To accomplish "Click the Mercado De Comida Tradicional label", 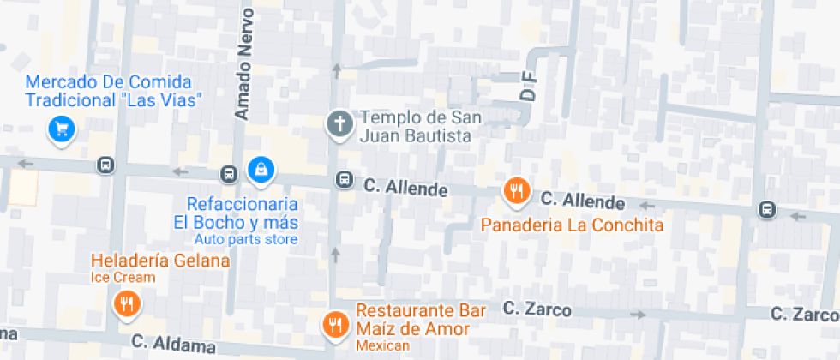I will (x=114, y=92).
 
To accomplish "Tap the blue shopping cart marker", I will (x=61, y=129).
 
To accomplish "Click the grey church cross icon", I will (x=339, y=125).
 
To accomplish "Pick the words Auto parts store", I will (x=245, y=239).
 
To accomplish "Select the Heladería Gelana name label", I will (x=160, y=261).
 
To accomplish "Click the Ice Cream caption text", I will (x=123, y=277).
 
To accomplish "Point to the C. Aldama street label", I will (x=174, y=345).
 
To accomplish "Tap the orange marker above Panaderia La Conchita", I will (x=515, y=192).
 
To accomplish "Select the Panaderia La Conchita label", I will (x=572, y=225).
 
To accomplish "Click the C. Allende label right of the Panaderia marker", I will (x=582, y=201).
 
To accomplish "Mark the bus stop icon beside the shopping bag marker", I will (x=229, y=173).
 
